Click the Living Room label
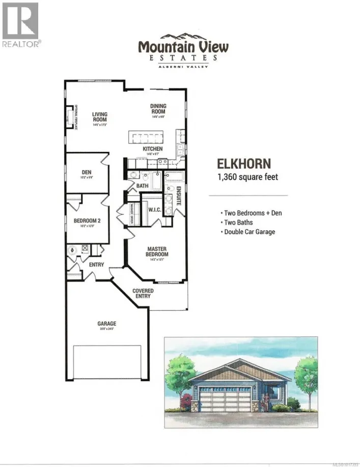point(99,117)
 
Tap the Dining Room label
point(158,109)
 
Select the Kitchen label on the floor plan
point(152,149)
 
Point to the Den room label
point(87,173)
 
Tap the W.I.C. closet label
point(155,210)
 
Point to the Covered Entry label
point(143,293)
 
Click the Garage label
point(107,323)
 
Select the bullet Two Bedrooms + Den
point(251,212)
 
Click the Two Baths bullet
point(236,222)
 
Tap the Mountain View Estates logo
point(183,50)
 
